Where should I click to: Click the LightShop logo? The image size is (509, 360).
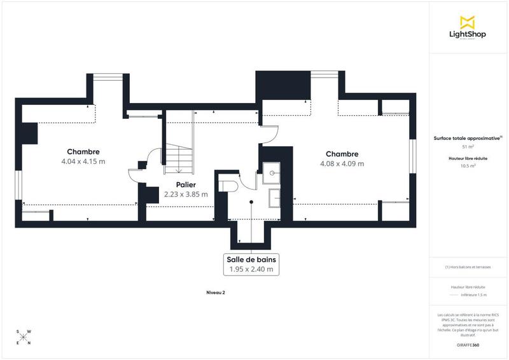(468, 29)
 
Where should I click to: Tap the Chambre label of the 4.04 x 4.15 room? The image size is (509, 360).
(84, 151)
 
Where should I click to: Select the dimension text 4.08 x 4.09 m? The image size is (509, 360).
(342, 163)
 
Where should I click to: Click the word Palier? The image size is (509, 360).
(186, 184)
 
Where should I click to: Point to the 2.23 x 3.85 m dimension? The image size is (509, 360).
(186, 194)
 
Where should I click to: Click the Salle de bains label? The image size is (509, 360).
(251, 260)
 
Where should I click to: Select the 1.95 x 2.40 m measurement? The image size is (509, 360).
(251, 270)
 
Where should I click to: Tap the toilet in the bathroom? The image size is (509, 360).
(228, 184)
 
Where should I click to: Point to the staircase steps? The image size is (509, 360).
(179, 156)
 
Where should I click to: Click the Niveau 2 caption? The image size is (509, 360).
(216, 293)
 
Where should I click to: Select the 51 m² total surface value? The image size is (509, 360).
(468, 146)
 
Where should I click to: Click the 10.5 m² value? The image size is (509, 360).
(468, 165)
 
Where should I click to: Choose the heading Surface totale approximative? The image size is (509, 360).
(467, 137)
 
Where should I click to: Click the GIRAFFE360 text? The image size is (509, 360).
(468, 345)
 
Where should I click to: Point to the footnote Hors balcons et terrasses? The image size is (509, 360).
(468, 267)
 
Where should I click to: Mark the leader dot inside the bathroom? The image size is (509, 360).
(251, 202)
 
